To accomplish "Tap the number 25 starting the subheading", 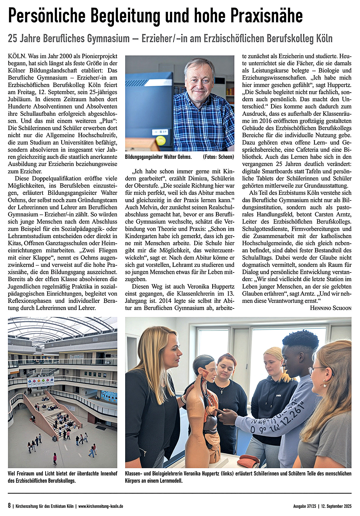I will click(12, 38).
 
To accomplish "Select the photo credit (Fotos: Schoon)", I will click(218, 157).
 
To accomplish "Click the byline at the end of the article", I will click(330, 308).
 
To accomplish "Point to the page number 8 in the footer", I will click(9, 506).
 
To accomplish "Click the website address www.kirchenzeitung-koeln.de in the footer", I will click(101, 506).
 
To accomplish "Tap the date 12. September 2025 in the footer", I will click(337, 506).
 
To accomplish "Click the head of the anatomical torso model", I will click(206, 365).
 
